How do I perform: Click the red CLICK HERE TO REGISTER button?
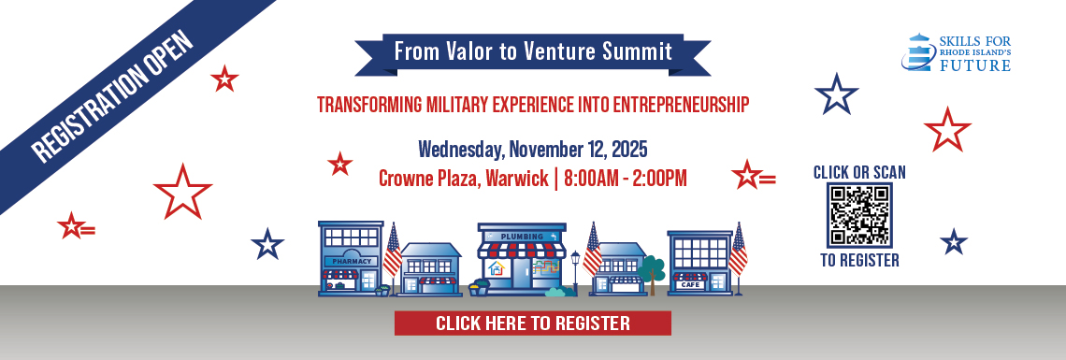[x=532, y=323]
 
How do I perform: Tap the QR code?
[x=859, y=215]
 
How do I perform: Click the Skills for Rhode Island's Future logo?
[x=956, y=53]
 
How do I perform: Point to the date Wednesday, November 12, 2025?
[x=532, y=148]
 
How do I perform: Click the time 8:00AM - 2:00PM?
[x=625, y=179]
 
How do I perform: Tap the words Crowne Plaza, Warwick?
[x=464, y=180]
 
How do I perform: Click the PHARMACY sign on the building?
[x=352, y=261]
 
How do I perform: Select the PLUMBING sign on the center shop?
[x=522, y=237]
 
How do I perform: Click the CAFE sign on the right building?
[x=691, y=284]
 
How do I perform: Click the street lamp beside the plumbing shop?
[x=575, y=272]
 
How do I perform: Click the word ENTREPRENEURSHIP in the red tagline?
[x=681, y=105]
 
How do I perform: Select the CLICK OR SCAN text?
[x=859, y=173]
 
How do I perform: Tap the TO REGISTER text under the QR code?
[x=859, y=260]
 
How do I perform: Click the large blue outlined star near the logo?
[x=836, y=94]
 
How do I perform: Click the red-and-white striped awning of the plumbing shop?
[x=522, y=251]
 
